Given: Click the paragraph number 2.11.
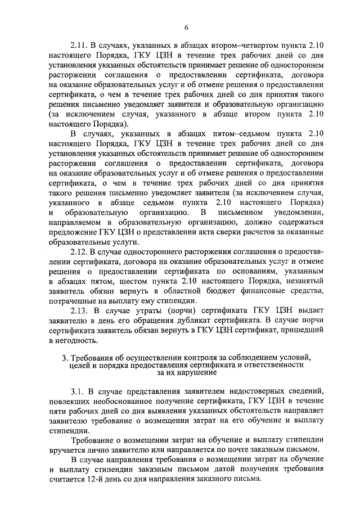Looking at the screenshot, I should pyautogui.click(x=79, y=43).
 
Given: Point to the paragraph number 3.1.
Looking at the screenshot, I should pyautogui.click(x=78, y=390).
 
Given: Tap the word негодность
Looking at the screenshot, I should pyautogui.click(x=78, y=340).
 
